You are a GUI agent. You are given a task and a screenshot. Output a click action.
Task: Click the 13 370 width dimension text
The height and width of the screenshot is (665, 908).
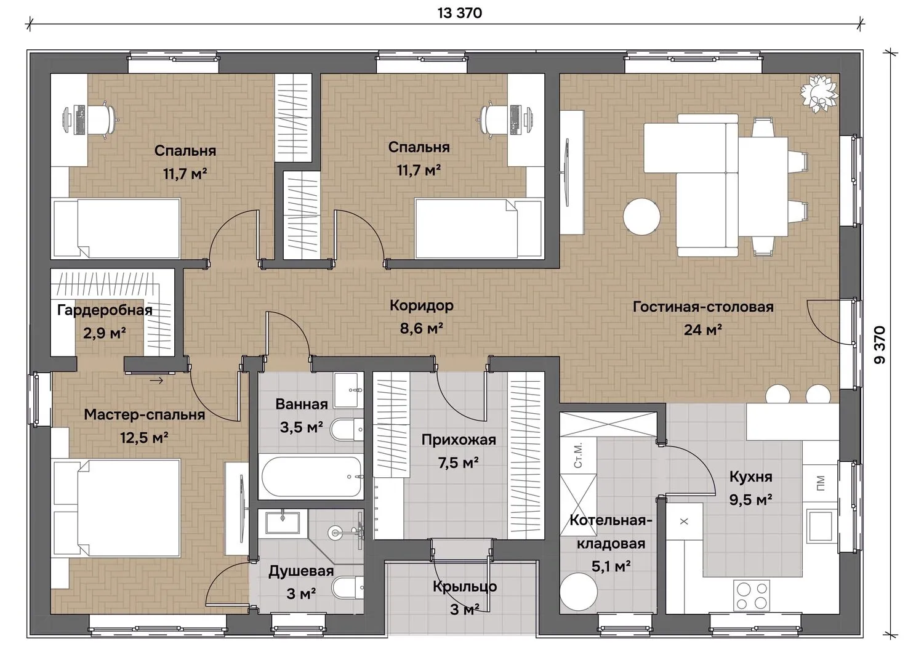460,13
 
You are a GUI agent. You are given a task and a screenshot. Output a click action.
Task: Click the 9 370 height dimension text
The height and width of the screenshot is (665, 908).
880,345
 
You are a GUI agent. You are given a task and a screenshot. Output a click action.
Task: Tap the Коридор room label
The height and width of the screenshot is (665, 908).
422,305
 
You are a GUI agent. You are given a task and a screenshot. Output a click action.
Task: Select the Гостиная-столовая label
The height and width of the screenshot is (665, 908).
703,307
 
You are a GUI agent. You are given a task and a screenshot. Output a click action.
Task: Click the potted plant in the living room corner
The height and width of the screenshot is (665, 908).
819,93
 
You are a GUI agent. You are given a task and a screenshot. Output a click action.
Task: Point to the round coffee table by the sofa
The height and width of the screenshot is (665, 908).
641,216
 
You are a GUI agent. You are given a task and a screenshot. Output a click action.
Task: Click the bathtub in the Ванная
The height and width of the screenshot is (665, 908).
311,477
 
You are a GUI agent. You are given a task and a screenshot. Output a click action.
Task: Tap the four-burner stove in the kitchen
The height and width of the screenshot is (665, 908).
752,595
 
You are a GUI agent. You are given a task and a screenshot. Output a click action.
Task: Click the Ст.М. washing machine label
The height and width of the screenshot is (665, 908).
578,455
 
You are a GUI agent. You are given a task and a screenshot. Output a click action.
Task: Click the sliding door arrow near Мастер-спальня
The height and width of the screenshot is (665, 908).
156,381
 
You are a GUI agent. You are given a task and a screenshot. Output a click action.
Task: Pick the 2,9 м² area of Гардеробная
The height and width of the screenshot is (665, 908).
105,333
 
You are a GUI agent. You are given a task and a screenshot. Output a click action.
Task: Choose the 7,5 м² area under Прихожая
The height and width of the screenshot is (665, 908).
459,462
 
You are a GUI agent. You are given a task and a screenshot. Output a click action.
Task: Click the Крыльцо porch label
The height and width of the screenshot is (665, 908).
465,587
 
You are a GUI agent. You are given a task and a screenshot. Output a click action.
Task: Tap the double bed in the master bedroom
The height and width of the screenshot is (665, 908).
117,507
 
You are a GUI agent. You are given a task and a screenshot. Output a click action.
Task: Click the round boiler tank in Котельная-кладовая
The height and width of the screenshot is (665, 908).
579,592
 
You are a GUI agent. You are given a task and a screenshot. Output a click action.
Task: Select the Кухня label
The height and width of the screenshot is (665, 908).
751,477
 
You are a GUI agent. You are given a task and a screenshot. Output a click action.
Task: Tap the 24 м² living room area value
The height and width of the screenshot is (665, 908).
703,329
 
